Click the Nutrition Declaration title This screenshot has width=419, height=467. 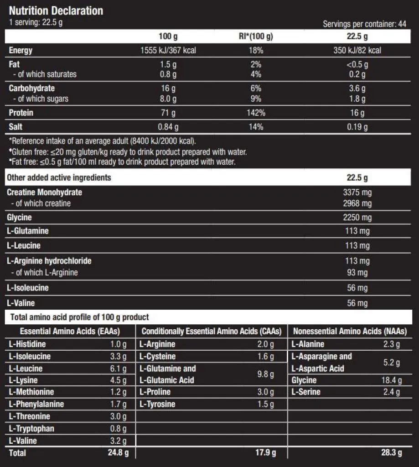pos(56,10)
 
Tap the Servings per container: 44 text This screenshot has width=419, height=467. pos(364,24)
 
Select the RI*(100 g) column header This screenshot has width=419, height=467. pos(255,37)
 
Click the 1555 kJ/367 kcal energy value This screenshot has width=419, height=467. pos(168,50)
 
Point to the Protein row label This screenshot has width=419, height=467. pos(21,112)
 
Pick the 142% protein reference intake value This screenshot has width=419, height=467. pos(255,112)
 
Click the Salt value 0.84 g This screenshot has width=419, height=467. pos(168,127)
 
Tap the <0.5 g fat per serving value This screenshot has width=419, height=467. pos(357,64)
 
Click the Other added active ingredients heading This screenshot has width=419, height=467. pos(59,177)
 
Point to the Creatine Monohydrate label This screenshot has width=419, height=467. pos(45,192)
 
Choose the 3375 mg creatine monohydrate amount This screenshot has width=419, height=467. pos(357,192)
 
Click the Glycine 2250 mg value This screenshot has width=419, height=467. pos(357,218)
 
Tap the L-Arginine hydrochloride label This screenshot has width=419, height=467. pos(49,261)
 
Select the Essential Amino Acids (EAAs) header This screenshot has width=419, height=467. pos(70,331)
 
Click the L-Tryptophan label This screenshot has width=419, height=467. pos(31,428)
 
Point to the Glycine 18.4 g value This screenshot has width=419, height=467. pos(392,380)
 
